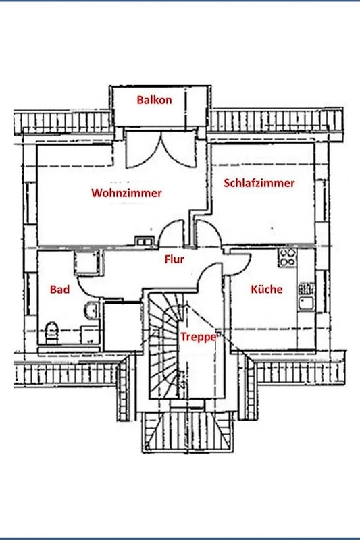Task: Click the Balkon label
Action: click(154, 100)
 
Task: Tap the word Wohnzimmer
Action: click(126, 193)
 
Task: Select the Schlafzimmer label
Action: click(259, 183)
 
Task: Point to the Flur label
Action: click(174, 259)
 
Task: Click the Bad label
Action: click(59, 290)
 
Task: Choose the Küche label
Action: click(267, 289)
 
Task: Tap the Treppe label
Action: click(199, 336)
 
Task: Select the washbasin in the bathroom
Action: click(92, 310)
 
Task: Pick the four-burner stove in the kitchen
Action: click(288, 258)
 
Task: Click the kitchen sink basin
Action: click(306, 303)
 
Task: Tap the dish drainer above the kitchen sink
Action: click(306, 289)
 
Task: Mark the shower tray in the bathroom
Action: click(87, 263)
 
